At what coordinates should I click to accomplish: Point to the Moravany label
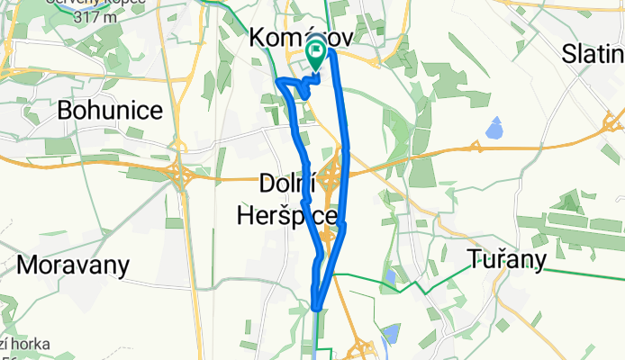[x=73, y=265]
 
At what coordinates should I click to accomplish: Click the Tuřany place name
[x=508, y=261]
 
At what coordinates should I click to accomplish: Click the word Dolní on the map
[x=285, y=184]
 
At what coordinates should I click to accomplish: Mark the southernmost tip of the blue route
[x=318, y=308]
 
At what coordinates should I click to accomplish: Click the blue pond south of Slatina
[x=494, y=130]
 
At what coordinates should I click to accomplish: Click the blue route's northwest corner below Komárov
[x=278, y=82]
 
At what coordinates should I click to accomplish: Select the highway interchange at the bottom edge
[x=363, y=346]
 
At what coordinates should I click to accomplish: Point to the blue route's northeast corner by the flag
[x=331, y=52]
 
